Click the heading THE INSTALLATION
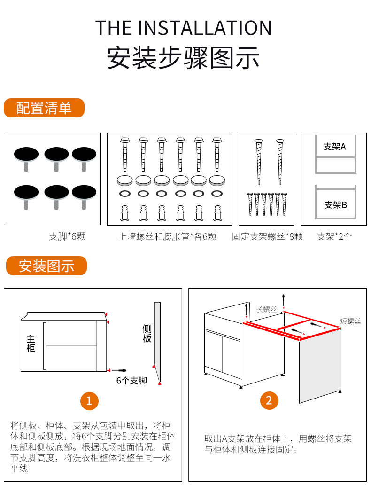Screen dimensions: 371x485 [184, 28]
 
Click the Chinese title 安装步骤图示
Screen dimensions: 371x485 [184, 57]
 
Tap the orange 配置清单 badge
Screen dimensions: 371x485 [44, 108]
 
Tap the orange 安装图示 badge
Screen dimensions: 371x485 [46, 266]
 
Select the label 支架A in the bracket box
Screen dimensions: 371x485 [334, 147]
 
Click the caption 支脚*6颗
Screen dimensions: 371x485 [67, 236]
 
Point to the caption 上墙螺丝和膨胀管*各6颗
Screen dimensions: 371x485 [167, 236]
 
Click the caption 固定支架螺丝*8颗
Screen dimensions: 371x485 [267, 236]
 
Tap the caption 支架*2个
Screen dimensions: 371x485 [334, 236]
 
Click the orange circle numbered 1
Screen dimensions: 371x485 [89, 401]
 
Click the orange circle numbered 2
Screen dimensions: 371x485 [269, 400]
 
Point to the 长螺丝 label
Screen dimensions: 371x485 [267, 309]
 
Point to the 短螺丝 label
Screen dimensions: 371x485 [350, 321]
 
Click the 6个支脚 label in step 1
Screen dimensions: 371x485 [131, 380]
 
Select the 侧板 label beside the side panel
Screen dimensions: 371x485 [147, 333]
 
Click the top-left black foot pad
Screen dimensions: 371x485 [26, 154]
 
